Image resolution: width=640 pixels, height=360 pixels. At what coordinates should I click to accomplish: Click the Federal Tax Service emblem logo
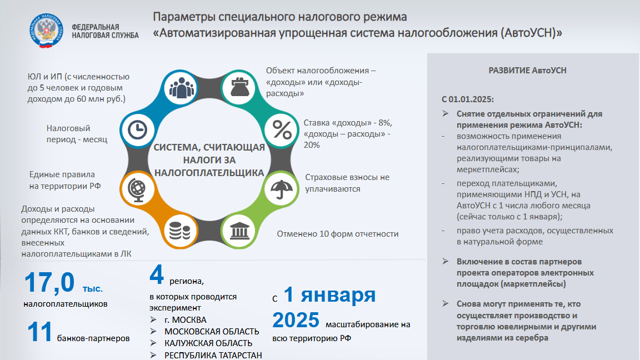[46, 31]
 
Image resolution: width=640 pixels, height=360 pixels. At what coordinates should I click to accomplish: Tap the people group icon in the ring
[181, 88]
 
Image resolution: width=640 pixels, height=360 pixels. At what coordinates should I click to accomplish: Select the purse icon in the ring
[239, 87]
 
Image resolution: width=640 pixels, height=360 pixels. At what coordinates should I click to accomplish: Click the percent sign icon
[282, 130]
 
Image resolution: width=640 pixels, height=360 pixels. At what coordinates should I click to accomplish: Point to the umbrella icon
[281, 189]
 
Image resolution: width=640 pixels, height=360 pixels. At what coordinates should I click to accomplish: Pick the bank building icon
[239, 231]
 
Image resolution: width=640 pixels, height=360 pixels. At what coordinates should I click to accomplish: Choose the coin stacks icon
[179, 231]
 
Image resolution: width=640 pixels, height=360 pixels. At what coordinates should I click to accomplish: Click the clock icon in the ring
[138, 130]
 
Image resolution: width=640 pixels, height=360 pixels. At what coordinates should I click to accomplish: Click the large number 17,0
[49, 282]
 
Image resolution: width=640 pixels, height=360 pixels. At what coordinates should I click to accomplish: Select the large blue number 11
[39, 332]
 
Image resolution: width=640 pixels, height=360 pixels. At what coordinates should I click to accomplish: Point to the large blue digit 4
[157, 274]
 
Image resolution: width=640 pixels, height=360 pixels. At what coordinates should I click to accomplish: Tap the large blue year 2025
[296, 319]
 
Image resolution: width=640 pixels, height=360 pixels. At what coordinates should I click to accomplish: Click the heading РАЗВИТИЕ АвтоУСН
[527, 70]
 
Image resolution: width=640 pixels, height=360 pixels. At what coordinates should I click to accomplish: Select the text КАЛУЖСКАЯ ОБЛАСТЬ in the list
[208, 343]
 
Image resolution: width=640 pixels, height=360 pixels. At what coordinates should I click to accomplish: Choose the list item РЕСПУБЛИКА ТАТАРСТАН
[213, 355]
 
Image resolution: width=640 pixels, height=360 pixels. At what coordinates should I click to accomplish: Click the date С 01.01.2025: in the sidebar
[468, 99]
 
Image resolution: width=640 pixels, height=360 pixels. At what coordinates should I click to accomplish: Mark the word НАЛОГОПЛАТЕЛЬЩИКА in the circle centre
[209, 173]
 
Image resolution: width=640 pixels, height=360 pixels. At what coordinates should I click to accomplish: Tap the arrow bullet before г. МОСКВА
[153, 319]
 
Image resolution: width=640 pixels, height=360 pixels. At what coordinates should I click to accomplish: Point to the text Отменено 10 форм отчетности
[338, 234]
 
